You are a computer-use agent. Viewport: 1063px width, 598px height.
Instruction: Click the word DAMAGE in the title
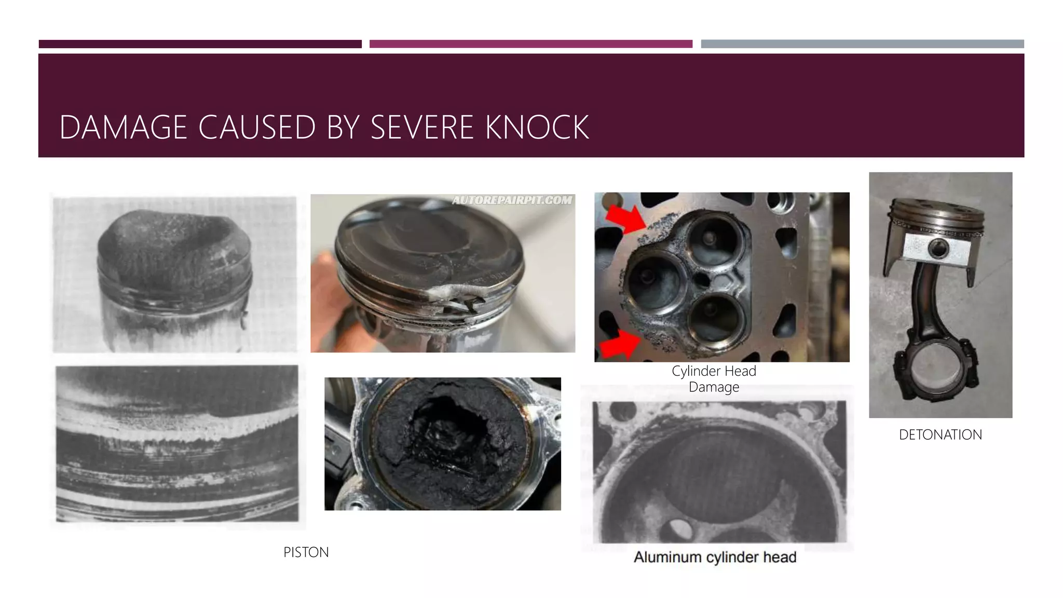click(123, 128)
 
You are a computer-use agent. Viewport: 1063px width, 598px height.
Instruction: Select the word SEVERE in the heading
click(421, 128)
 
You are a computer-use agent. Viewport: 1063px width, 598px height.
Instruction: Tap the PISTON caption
click(306, 552)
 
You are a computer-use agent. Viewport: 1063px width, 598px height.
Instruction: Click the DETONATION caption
click(940, 435)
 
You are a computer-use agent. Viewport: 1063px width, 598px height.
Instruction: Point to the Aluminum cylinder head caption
click(715, 558)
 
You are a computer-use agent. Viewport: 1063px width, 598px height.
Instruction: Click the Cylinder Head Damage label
click(714, 379)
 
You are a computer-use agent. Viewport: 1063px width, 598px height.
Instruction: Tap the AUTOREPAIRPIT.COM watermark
click(512, 200)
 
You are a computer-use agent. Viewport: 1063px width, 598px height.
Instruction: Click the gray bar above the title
click(862, 44)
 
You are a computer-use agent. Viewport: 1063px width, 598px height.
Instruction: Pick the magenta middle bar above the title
click(530, 44)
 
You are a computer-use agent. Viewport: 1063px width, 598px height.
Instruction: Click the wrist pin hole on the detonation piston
click(937, 249)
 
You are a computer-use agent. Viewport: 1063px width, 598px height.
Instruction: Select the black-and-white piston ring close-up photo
click(178, 443)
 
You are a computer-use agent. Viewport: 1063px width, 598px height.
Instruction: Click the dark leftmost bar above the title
click(200, 44)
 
